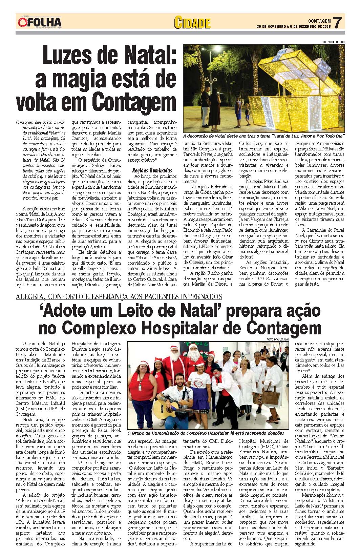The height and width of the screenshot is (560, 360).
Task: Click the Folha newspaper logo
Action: click(x=40, y=22)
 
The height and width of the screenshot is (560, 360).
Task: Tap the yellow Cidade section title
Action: click(x=192, y=23)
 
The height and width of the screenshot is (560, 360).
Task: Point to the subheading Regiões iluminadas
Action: click(x=152, y=170)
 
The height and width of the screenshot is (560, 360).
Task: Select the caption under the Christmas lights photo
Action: click(x=264, y=136)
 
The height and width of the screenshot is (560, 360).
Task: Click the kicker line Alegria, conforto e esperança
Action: click(x=119, y=297)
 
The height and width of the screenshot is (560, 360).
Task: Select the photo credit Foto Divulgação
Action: click(x=277, y=339)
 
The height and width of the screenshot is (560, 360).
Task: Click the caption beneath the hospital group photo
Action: click(x=206, y=433)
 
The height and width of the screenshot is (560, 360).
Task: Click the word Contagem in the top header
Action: click(x=319, y=21)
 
